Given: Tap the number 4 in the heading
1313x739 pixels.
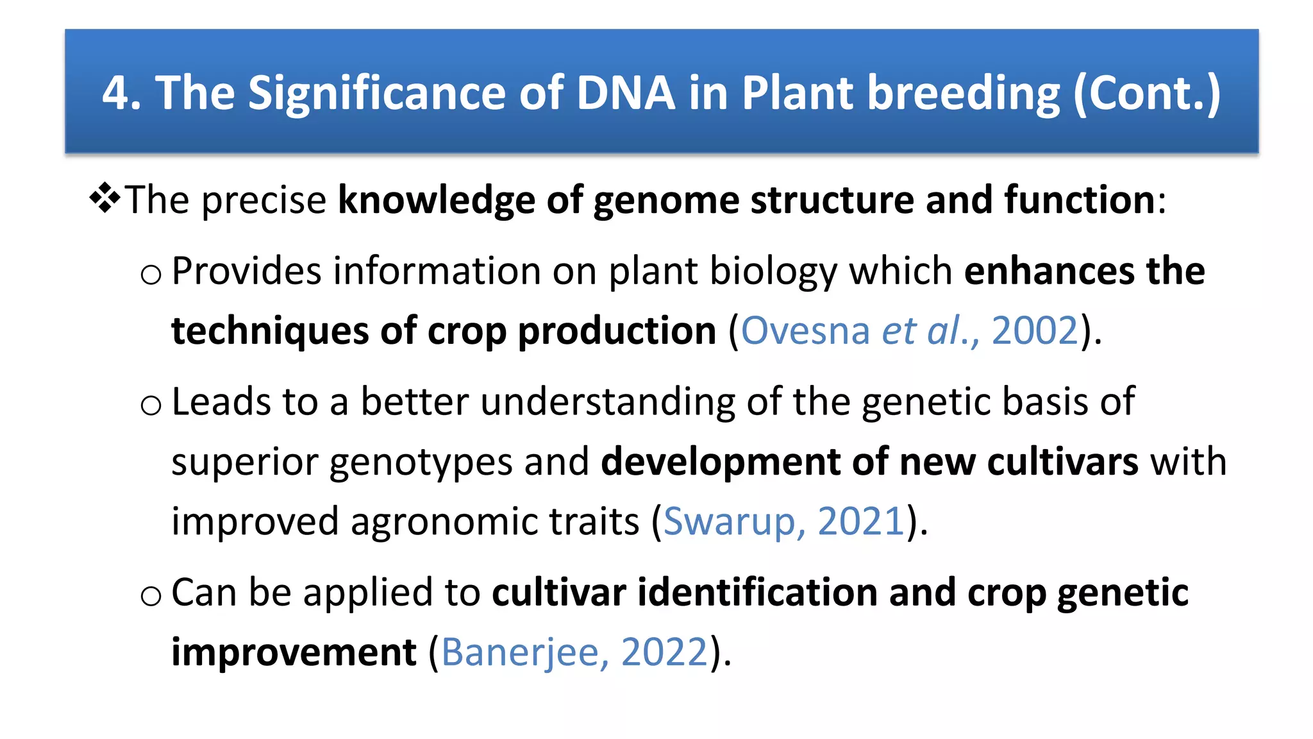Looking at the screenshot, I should pos(116,93).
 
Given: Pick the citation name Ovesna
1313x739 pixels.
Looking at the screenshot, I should pos(805,331).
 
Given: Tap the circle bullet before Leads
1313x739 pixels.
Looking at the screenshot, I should pos(151,406).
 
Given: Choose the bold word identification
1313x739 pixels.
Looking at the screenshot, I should pos(757,592).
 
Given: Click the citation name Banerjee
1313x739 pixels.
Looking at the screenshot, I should pos(519,653).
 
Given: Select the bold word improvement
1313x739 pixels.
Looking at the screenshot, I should pos(294,653).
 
